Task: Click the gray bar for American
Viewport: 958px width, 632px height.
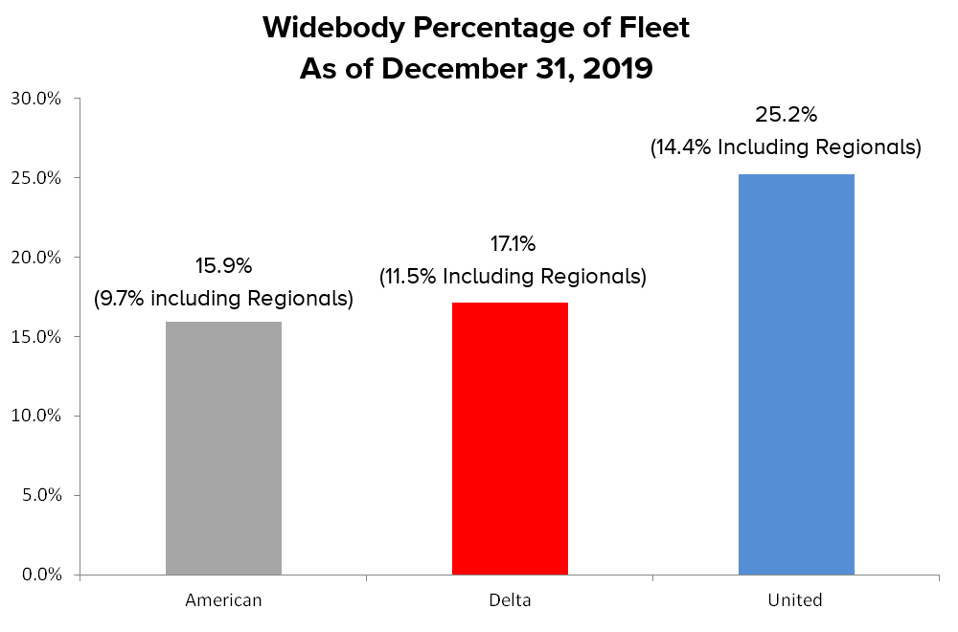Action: [x=223, y=448]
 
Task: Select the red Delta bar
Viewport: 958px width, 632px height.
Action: [x=510, y=439]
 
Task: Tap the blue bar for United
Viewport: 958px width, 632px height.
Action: [x=796, y=374]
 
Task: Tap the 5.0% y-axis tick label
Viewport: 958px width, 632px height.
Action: [x=41, y=496]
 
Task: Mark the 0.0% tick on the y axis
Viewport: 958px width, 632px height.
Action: [x=41, y=575]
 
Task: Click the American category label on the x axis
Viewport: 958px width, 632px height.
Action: [x=223, y=601]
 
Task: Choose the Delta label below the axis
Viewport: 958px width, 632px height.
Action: [x=510, y=601]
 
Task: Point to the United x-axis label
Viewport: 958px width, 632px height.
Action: [x=795, y=601]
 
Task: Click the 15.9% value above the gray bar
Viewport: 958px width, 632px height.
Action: [x=224, y=265]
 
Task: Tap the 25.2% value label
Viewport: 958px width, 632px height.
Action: [x=786, y=116]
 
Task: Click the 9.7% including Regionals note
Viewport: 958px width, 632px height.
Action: [x=223, y=299]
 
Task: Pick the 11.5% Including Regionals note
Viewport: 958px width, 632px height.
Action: [x=513, y=278]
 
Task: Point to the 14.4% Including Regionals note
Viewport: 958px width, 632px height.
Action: [x=786, y=148]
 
